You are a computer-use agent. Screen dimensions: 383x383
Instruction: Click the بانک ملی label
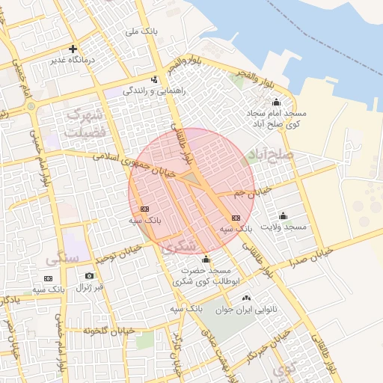141,31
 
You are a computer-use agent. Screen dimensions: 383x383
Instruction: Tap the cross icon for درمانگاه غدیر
73,48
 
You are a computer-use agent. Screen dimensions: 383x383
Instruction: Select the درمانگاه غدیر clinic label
73,58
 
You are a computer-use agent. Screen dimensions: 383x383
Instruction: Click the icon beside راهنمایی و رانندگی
154,79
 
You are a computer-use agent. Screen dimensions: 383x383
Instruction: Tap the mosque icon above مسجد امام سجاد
276,102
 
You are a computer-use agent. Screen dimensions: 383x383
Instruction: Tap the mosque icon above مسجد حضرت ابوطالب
206,259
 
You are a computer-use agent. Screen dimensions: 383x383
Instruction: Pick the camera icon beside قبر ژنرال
90,276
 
